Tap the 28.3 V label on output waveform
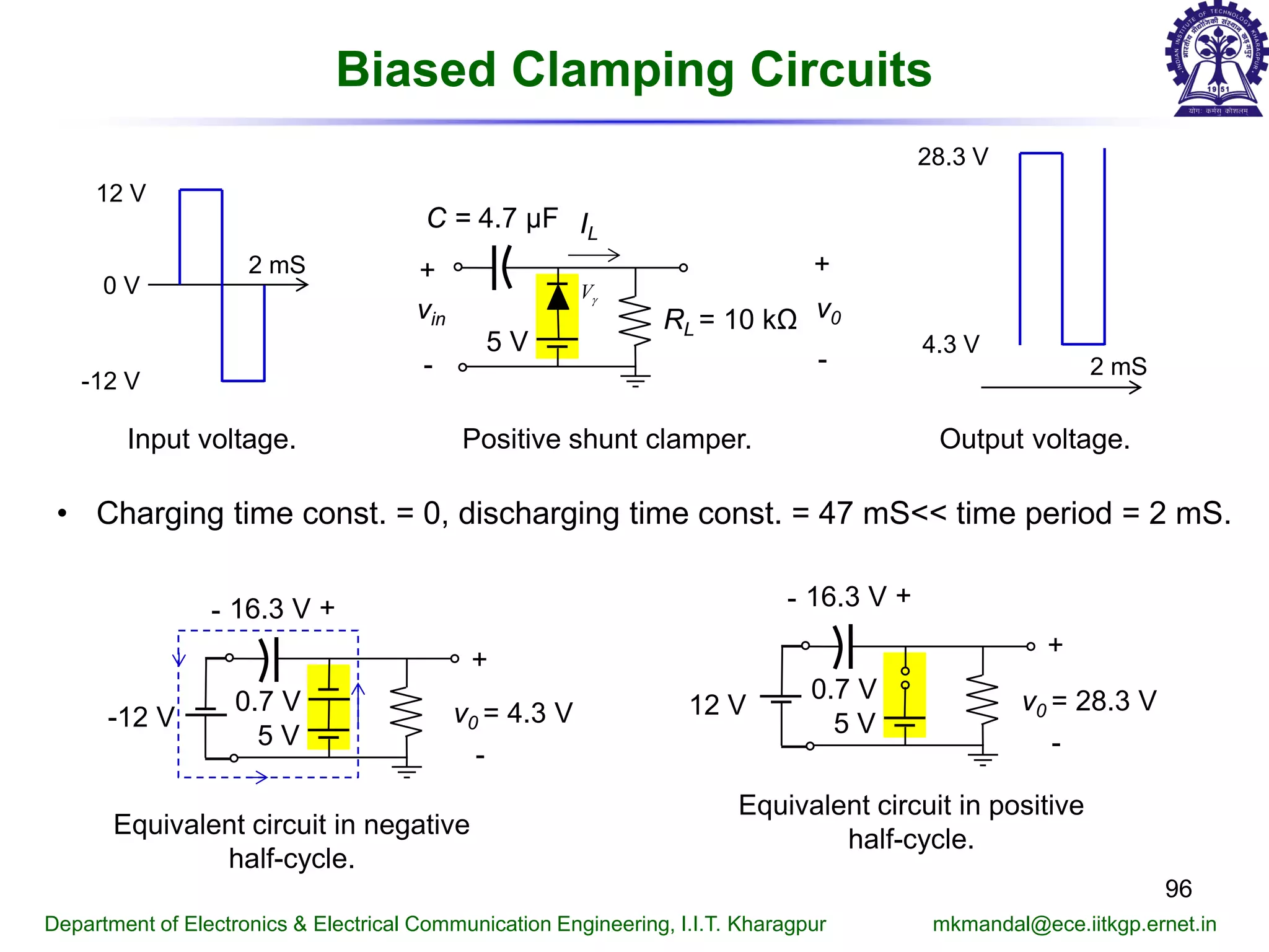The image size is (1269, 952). tap(952, 157)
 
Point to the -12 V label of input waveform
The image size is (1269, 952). tap(110, 381)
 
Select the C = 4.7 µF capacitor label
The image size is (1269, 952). tap(492, 218)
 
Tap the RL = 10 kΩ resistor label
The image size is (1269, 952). tap(730, 320)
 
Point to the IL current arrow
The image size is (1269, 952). tap(594, 255)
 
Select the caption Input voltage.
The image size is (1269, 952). tap(211, 439)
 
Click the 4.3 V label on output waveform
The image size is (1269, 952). tap(950, 344)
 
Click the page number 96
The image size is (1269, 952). tap(1178, 889)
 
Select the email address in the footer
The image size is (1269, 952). tap(1074, 924)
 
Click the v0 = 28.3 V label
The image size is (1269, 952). tap(1089, 702)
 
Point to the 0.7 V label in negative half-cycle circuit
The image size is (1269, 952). tap(267, 701)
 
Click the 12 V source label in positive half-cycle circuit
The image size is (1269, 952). tap(717, 705)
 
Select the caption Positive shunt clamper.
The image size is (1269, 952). tap(607, 439)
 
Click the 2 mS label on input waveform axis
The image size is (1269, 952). tap(276, 265)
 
